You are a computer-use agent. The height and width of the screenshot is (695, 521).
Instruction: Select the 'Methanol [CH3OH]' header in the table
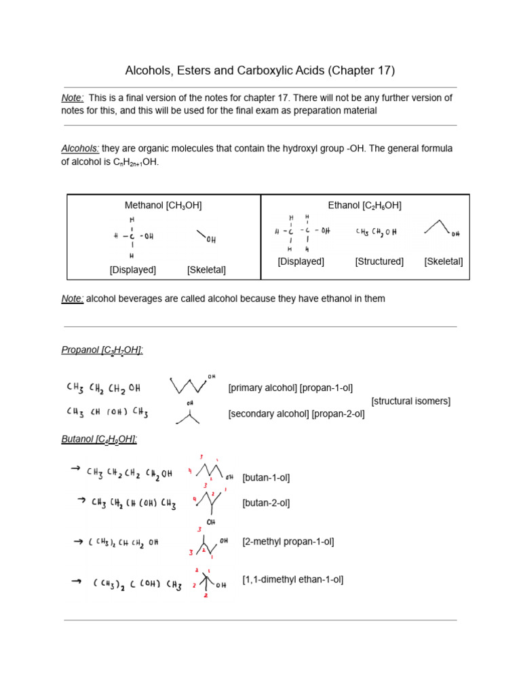163,205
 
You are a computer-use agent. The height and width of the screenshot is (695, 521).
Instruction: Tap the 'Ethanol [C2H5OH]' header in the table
364,205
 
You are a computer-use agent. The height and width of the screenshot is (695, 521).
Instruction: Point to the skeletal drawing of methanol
206,237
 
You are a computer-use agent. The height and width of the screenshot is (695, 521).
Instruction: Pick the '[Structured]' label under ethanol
379,261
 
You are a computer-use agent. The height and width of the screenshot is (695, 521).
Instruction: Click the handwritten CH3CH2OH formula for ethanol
376,232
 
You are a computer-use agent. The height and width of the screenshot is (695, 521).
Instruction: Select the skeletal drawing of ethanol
442,229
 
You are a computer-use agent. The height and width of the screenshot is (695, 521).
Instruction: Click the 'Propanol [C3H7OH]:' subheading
102,350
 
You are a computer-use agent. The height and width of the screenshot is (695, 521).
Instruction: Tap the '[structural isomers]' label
410,401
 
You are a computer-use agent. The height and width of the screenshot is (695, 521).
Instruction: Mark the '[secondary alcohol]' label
269,414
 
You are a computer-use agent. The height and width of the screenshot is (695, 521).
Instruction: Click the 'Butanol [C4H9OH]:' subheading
99,439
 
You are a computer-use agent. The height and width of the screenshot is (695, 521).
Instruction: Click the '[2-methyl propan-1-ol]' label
288,542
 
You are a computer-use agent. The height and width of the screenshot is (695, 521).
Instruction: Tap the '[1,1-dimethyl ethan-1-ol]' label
292,580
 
